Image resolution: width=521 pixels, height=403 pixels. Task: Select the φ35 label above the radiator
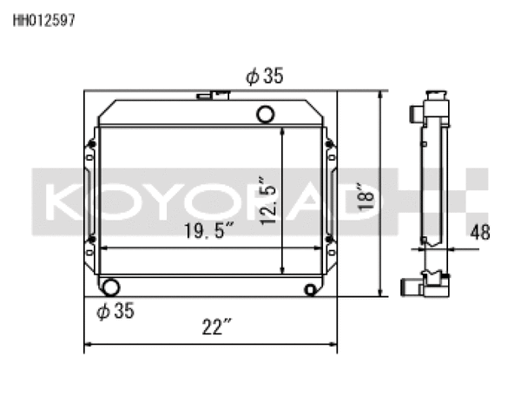(264, 76)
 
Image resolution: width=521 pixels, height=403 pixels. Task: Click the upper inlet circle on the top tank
(267, 113)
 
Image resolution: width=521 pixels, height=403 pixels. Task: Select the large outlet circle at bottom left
(110, 287)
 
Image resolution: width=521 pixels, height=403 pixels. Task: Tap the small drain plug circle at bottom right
(311, 289)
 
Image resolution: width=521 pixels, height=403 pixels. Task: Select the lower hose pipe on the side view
(411, 287)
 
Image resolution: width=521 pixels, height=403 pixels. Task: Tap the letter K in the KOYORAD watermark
(63, 201)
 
